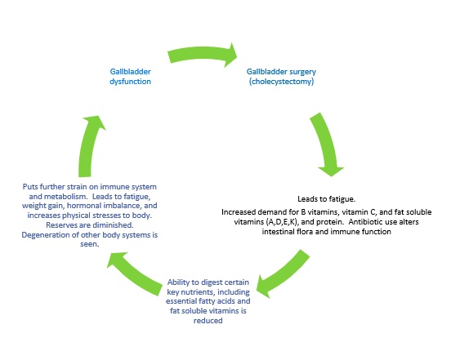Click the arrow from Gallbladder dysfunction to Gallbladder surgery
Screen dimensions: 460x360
tap(203, 54)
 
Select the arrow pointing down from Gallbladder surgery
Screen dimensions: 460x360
tap(326, 144)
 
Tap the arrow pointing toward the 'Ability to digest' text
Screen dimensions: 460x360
tap(283, 273)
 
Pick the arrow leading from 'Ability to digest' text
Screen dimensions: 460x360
tap(133, 273)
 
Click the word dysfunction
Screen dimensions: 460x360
tap(130, 82)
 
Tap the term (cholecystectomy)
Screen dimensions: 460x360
tap(281, 82)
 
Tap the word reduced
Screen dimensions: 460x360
tap(208, 321)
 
